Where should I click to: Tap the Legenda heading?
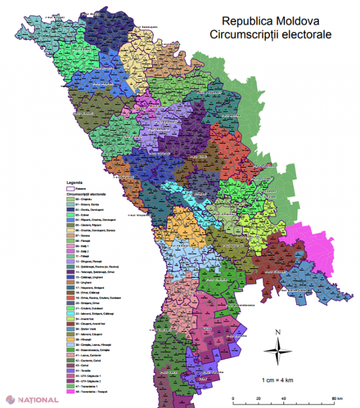pyautogui.click(x=75, y=182)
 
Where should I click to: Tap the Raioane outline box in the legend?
pyautogui.click(x=71, y=188)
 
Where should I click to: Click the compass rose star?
pyautogui.click(x=278, y=350)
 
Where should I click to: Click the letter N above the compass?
pyautogui.click(x=278, y=332)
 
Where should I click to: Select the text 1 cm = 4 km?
pyautogui.click(x=279, y=380)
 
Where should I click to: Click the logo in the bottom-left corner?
pyautogui.click(x=33, y=400)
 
